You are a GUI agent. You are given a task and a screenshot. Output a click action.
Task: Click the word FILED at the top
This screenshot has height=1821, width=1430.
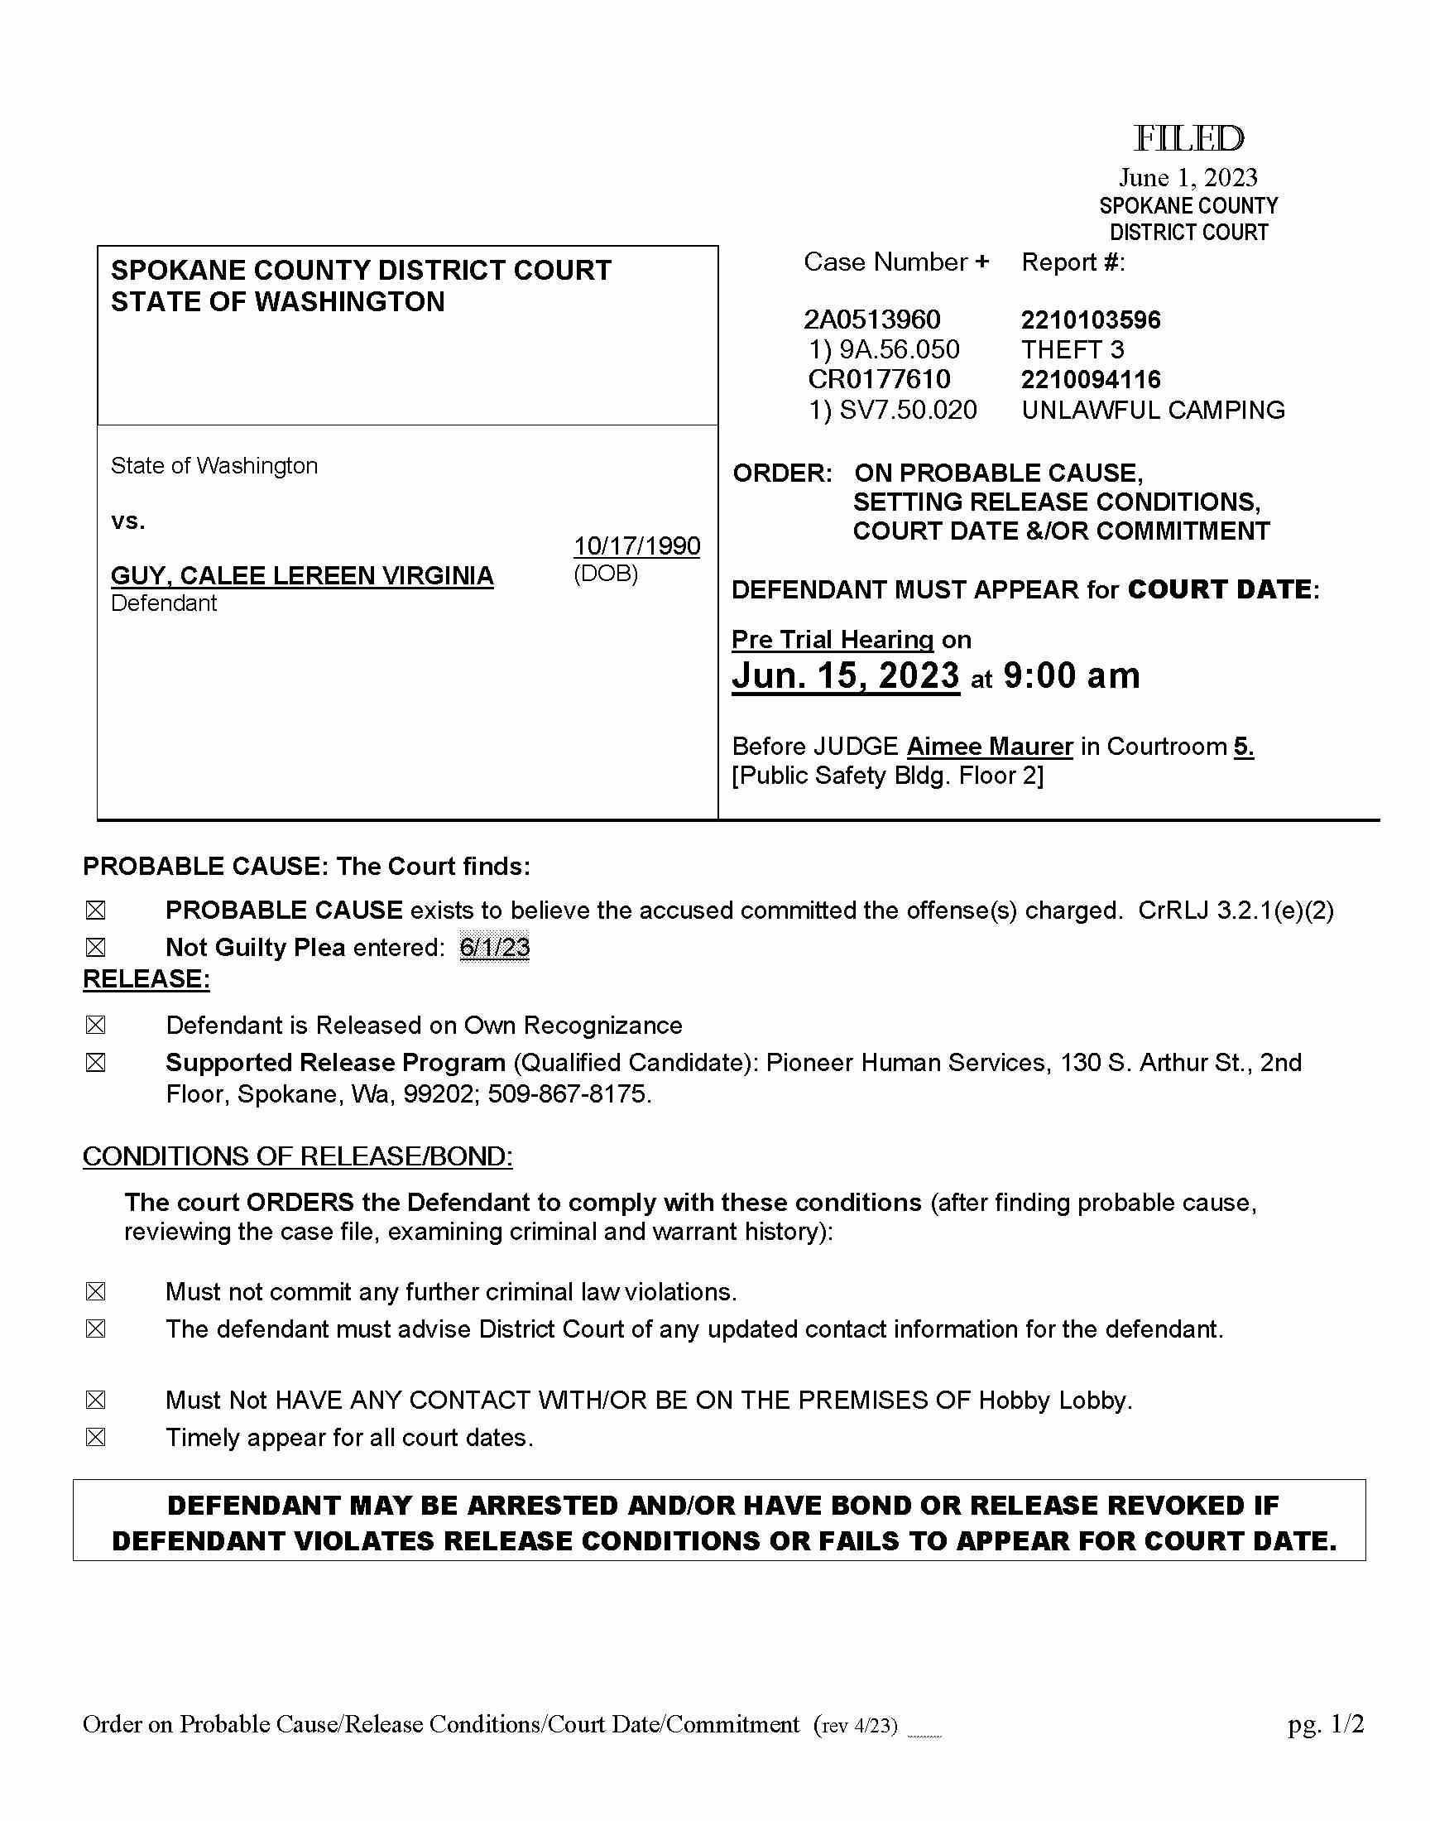pyautogui.click(x=1188, y=139)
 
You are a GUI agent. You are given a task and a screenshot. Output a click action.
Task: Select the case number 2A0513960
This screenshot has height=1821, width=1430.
pyautogui.click(x=871, y=320)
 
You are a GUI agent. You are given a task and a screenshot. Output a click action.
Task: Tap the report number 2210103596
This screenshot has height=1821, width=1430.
pyautogui.click(x=1090, y=320)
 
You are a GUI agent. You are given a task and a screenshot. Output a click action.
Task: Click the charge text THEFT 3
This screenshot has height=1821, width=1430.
pyautogui.click(x=1072, y=350)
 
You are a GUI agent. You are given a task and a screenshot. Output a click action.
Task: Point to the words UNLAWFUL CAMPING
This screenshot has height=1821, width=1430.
pyautogui.click(x=1152, y=411)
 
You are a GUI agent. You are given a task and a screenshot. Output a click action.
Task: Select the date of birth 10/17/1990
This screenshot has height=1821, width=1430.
pyautogui.click(x=636, y=545)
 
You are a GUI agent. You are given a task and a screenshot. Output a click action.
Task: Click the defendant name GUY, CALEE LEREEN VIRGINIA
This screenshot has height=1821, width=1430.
pyautogui.click(x=302, y=576)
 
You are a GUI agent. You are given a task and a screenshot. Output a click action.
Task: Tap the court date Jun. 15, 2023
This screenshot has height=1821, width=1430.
pyautogui.click(x=846, y=675)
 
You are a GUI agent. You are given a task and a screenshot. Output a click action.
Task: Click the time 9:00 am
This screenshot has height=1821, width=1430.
pyautogui.click(x=1071, y=675)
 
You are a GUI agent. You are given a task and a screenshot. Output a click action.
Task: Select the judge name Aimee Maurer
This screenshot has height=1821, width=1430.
pyautogui.click(x=989, y=746)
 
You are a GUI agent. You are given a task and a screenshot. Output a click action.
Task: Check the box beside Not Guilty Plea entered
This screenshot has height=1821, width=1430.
pyautogui.click(x=95, y=948)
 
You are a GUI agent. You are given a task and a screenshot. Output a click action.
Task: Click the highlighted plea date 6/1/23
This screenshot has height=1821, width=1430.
pyautogui.click(x=494, y=948)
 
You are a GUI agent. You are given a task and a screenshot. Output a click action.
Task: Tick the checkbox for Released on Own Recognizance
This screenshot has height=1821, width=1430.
pyautogui.click(x=95, y=1026)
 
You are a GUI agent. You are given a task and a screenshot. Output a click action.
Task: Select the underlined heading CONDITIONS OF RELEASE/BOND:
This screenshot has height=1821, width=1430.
pyautogui.click(x=297, y=1156)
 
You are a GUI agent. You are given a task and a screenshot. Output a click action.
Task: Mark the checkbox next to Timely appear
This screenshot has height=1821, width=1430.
pyautogui.click(x=95, y=1438)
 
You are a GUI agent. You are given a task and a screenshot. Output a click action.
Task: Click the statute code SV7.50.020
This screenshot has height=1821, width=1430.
pyautogui.click(x=908, y=411)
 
